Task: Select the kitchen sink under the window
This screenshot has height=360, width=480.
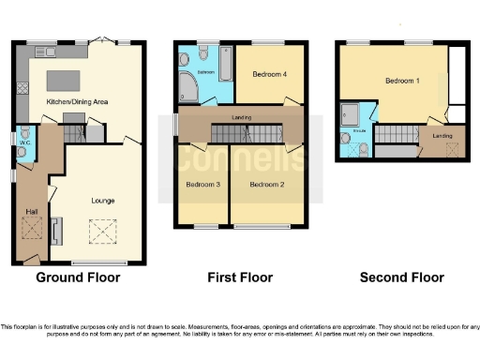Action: (41, 48)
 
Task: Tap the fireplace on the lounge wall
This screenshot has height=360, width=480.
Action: (55, 230)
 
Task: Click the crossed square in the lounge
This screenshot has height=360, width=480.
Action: (100, 230)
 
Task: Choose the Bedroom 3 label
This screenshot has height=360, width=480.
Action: (202, 185)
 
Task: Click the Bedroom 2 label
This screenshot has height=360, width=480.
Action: (266, 185)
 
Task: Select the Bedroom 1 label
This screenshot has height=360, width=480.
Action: (401, 82)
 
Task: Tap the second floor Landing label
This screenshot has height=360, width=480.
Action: (442, 136)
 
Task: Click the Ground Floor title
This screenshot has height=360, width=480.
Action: (78, 277)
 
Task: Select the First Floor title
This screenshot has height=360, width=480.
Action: (239, 277)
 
